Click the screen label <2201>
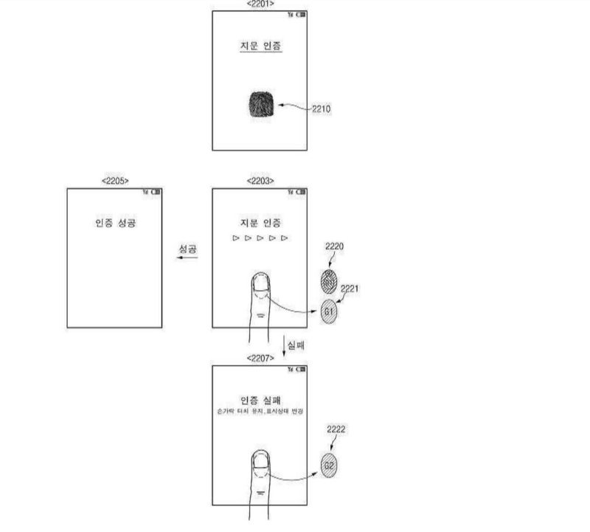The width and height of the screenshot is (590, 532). (x=261, y=4)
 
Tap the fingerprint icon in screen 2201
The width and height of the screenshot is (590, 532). (x=260, y=103)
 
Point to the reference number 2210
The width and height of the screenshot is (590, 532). (x=322, y=109)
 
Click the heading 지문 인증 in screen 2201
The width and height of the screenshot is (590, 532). (x=261, y=46)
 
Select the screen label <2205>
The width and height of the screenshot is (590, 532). (x=114, y=181)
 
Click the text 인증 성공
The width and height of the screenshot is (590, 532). (x=115, y=224)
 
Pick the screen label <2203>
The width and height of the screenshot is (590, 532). (x=261, y=181)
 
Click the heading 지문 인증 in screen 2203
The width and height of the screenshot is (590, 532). (x=261, y=223)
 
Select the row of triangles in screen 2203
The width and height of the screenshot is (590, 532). (x=260, y=239)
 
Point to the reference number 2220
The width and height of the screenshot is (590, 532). (x=335, y=246)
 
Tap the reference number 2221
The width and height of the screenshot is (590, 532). (x=349, y=289)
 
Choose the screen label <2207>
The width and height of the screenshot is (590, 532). (x=261, y=357)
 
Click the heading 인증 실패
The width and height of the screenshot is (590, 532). (x=261, y=398)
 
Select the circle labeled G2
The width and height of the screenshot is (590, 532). (x=329, y=466)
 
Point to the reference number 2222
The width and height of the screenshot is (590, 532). (x=335, y=429)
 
